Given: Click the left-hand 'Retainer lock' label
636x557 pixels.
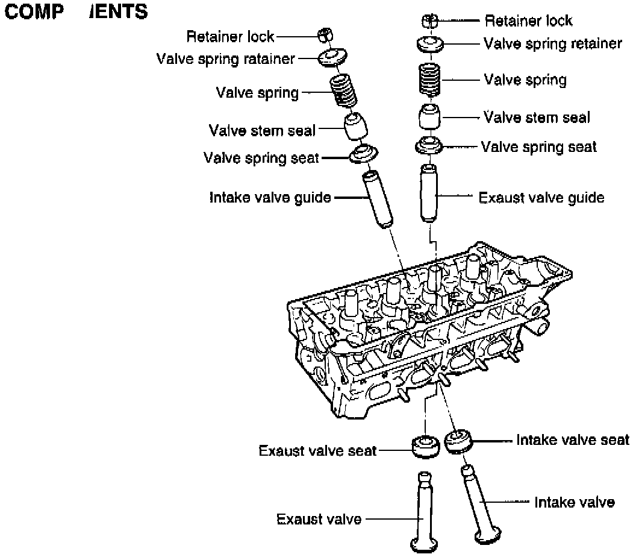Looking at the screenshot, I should tap(229, 37).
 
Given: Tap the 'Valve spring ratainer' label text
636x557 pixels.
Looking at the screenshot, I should tap(225, 58).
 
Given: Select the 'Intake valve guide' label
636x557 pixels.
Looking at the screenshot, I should tap(270, 197).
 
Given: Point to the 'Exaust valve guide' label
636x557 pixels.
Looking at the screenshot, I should tap(541, 197).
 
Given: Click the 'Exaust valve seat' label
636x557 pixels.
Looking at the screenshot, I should tap(317, 450).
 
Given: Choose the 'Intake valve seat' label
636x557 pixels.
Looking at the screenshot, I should tap(572, 440).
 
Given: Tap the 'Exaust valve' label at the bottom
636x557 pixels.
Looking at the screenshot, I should tap(319, 519).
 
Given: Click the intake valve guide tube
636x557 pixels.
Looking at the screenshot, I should tap(378, 200).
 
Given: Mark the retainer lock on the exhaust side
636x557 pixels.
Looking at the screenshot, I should tap(429, 21).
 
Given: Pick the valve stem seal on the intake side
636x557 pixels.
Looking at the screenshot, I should tap(355, 125).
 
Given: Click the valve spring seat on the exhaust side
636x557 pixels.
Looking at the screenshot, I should tap(429, 146).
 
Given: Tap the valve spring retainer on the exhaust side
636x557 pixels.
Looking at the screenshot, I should tap(430, 44).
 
